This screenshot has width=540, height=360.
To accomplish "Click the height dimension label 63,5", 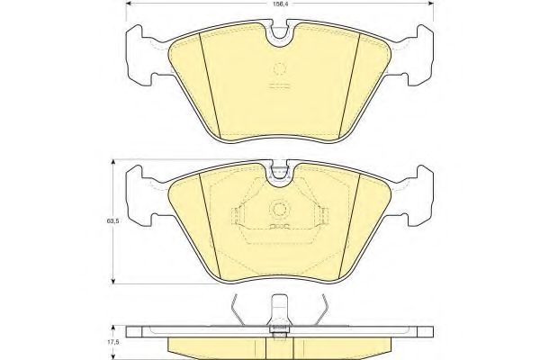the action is [113, 221].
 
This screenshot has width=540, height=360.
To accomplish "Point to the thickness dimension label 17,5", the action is [113, 343].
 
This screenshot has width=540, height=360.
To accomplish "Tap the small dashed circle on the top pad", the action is [280, 68].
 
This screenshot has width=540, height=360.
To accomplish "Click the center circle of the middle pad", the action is [279, 209].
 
